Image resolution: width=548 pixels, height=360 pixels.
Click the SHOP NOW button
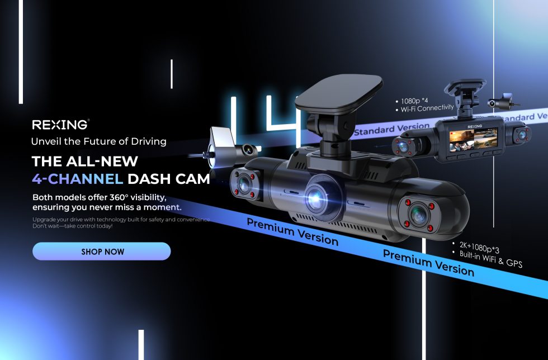(101, 252)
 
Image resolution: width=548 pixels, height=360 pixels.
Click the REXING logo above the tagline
(60, 125)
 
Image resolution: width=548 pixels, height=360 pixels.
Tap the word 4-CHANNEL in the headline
(77, 178)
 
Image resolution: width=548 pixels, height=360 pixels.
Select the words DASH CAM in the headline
(168, 178)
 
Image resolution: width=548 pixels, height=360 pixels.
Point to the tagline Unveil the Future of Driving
(99, 141)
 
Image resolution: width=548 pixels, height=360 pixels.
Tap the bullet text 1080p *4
(414, 101)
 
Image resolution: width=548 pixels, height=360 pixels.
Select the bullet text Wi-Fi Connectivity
(427, 108)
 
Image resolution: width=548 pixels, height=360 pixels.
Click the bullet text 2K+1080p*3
(479, 247)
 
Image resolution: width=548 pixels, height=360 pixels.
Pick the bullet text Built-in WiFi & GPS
(491, 259)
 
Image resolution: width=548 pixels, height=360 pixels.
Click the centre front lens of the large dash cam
(316, 198)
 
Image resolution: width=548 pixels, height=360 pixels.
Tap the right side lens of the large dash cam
(418, 215)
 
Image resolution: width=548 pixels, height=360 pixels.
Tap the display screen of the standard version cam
(473, 139)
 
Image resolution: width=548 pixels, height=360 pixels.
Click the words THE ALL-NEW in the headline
(85, 162)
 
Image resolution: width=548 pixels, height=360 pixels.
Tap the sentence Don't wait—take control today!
(72, 226)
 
